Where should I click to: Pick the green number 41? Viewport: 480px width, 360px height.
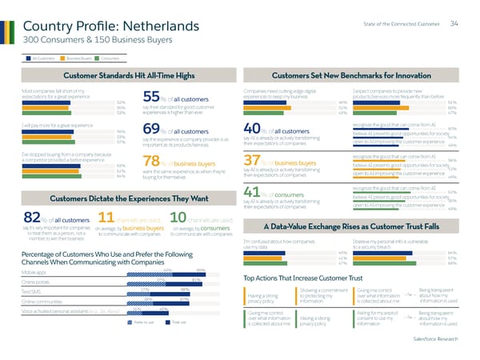[x=251, y=194]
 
